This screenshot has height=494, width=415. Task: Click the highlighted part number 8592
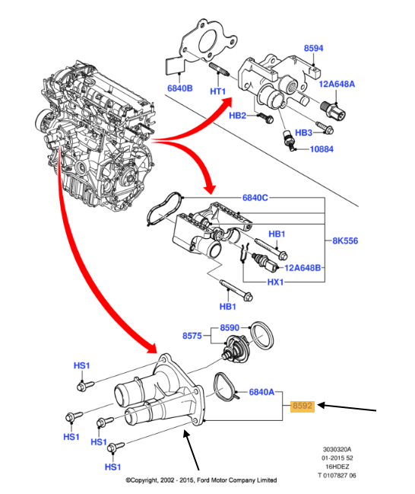303,406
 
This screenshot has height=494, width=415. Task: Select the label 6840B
179,88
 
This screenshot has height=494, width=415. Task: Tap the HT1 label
218,92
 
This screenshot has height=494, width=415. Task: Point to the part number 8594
314,48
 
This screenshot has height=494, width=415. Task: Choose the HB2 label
238,116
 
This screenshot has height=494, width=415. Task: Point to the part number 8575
193,335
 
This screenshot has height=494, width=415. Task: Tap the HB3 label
304,132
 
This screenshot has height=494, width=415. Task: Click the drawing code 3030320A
337,449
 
